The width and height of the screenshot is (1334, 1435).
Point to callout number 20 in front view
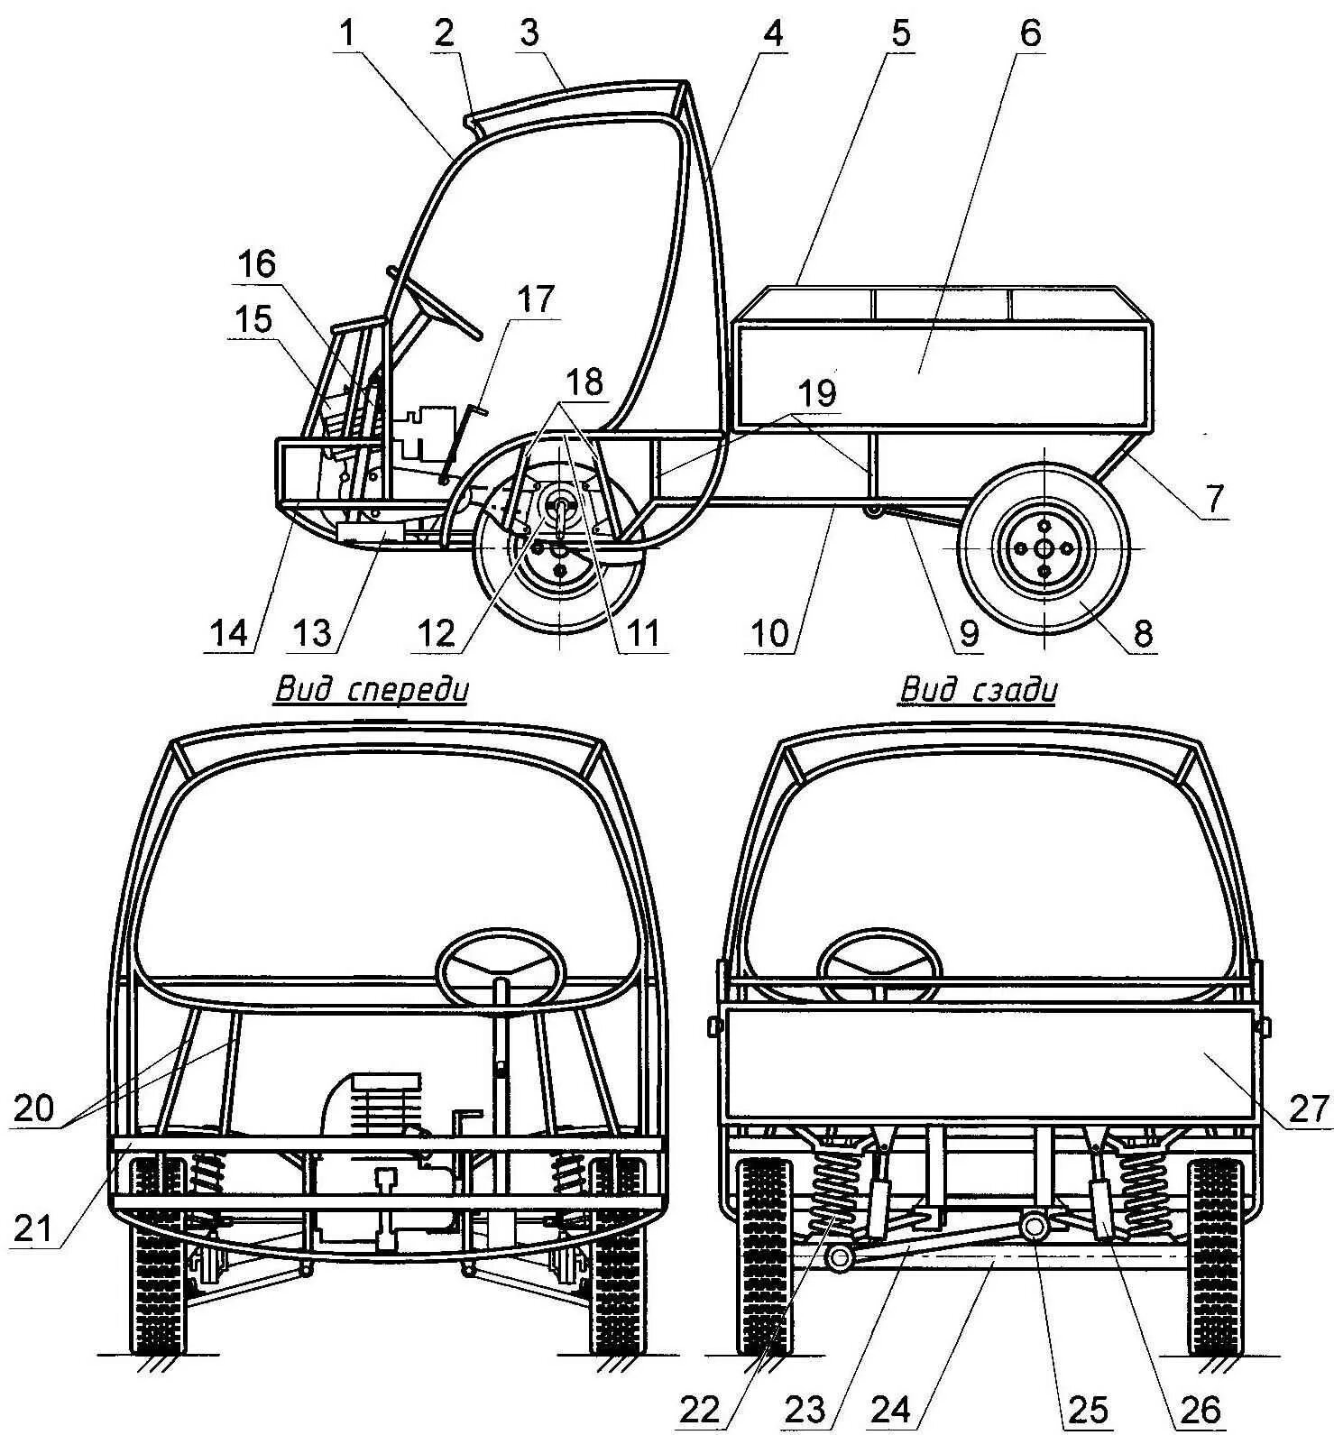(x=33, y=1108)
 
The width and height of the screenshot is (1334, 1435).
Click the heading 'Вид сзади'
(x=979, y=691)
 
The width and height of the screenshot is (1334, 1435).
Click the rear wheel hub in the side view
(x=1044, y=548)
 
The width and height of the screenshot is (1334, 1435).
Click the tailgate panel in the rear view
(x=989, y=1064)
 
